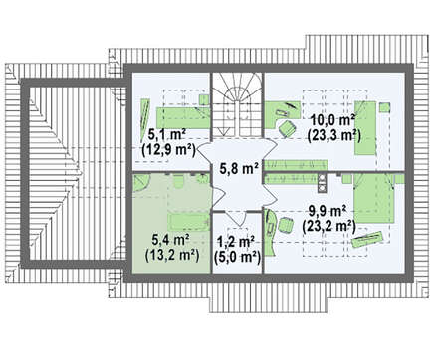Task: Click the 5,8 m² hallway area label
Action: tap(239, 168)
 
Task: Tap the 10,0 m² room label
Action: tap(332, 119)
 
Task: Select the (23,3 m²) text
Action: tap(333, 135)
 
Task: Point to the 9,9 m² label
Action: tap(328, 211)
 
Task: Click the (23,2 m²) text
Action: tap(328, 226)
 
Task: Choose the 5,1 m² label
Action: tap(166, 135)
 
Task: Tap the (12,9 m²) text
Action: tap(168, 150)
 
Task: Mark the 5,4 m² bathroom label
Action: tap(170, 239)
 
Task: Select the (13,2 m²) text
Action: tap(172, 255)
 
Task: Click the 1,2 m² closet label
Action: tap(236, 241)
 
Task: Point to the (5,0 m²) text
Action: tap(237, 257)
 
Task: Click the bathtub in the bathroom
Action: tap(189, 222)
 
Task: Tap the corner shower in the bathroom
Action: tap(141, 183)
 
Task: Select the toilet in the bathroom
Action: tap(179, 181)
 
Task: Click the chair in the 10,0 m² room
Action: tap(287, 128)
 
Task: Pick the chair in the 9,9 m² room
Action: tap(286, 226)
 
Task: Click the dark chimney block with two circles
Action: tap(322, 183)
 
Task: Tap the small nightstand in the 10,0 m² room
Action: tap(384, 107)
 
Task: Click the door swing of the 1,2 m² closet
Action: tap(236, 217)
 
